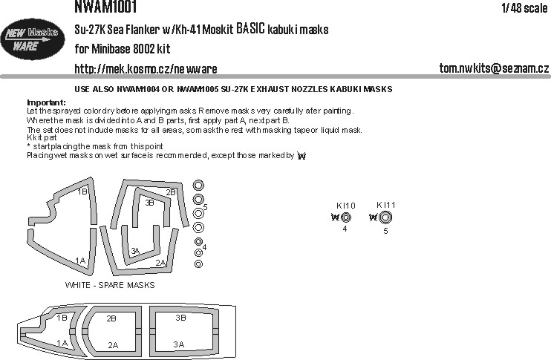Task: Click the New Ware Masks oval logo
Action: [x=33, y=39]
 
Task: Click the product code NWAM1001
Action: [x=105, y=7]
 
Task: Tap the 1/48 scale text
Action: [x=524, y=7]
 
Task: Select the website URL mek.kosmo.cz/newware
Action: [x=146, y=69]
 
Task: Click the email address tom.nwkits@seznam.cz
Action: [x=494, y=68]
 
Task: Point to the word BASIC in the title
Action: [x=250, y=29]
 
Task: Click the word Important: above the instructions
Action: [x=46, y=102]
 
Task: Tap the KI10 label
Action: [x=346, y=206]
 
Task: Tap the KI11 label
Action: [x=386, y=205]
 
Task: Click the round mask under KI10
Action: [x=346, y=217]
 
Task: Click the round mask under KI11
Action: [x=385, y=217]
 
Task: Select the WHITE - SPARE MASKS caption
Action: [x=110, y=285]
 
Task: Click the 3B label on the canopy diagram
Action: [x=180, y=318]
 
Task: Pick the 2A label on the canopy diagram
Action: [x=113, y=345]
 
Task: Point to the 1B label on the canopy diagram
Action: [x=62, y=318]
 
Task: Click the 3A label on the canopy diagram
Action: [x=178, y=344]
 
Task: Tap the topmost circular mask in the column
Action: [x=198, y=185]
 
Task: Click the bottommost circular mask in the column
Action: [x=198, y=264]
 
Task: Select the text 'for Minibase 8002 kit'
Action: [x=123, y=49]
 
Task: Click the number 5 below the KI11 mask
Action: [x=385, y=231]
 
